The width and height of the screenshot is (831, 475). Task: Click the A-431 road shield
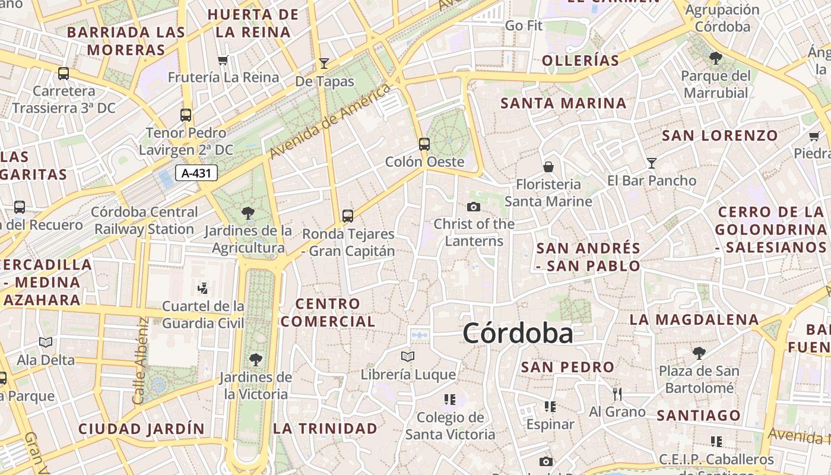tap(196, 173)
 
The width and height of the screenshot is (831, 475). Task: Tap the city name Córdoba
tap(518, 333)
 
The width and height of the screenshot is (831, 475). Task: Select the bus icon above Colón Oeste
tap(424, 144)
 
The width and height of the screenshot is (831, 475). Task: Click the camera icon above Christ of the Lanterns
tap(473, 207)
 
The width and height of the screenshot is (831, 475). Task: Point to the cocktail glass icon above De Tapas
tap(323, 63)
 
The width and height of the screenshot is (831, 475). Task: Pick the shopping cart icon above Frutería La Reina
tap(223, 60)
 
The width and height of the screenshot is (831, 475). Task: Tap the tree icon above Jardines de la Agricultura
tap(248, 213)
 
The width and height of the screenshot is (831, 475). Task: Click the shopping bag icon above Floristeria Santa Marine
tap(548, 167)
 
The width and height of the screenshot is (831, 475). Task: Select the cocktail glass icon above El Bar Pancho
tap(651, 163)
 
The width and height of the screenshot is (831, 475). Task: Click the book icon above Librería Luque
tap(407, 356)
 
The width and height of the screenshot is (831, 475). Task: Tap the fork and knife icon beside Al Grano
tap(617, 394)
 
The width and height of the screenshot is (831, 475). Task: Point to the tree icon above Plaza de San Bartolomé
tap(699, 353)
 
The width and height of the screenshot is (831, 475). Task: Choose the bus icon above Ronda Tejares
tap(348, 216)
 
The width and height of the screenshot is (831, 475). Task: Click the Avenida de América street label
tap(330, 122)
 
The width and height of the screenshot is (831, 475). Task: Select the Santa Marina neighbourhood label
tap(563, 103)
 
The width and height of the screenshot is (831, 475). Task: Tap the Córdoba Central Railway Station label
tap(144, 220)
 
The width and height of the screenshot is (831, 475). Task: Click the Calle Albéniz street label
tap(141, 361)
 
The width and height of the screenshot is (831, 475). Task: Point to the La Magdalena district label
tap(694, 319)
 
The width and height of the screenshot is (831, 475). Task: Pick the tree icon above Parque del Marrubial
tap(715, 58)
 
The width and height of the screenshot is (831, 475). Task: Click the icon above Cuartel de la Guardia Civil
tap(202, 289)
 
